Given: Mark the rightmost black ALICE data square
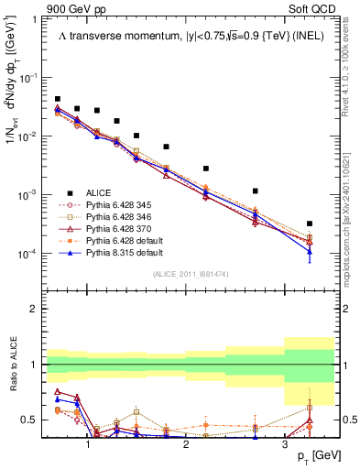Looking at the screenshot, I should [x=309, y=224].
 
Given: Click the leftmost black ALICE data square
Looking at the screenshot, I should [x=57, y=99].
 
